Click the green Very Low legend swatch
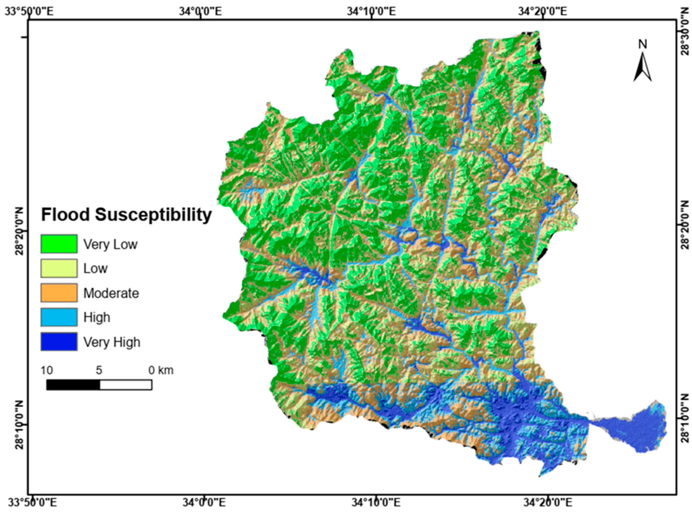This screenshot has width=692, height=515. [x=59, y=243]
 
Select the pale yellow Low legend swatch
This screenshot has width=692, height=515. [x=59, y=268]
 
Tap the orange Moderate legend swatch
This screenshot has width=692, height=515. [x=59, y=293]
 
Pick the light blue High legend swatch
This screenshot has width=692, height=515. [x=59, y=317]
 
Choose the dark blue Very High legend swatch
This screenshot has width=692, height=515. [x=59, y=342]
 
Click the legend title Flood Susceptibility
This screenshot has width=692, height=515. [x=126, y=215]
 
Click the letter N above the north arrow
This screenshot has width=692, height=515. [x=642, y=44]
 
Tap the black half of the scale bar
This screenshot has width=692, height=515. [x=73, y=385]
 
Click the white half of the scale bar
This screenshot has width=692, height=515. [x=126, y=385]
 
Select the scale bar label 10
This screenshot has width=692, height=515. [x=47, y=370]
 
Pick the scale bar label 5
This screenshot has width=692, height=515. [x=99, y=370]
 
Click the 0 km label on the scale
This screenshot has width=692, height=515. [x=161, y=370]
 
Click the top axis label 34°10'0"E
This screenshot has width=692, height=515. [x=372, y=12]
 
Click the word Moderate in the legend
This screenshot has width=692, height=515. [x=111, y=293]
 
